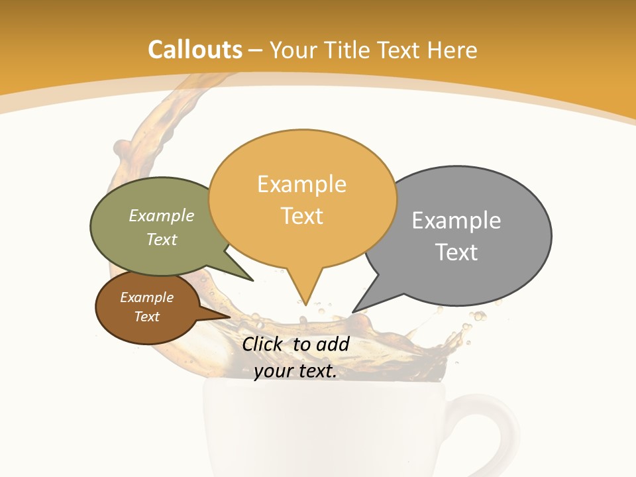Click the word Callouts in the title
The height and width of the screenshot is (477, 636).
[195, 50]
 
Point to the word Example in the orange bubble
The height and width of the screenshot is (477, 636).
[301, 184]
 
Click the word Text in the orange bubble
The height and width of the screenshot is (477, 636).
[302, 216]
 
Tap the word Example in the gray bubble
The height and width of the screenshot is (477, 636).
[456, 221]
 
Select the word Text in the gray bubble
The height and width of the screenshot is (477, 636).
[456, 252]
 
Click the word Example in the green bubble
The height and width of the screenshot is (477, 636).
[162, 216]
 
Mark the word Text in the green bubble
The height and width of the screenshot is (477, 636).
[162, 239]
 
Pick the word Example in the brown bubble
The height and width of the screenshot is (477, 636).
[146, 297]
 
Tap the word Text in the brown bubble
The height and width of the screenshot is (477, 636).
[146, 317]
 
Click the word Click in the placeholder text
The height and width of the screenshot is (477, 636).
[262, 344]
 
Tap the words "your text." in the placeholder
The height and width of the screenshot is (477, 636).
[295, 372]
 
